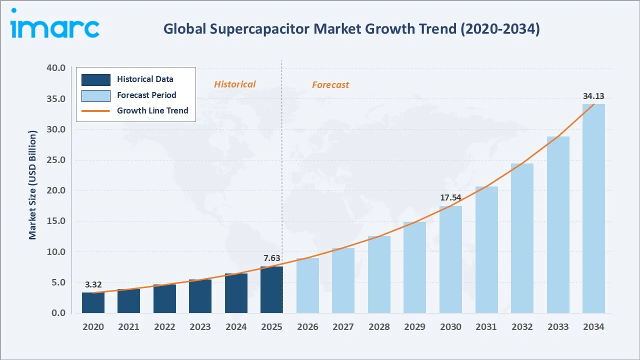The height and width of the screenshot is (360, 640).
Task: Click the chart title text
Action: point(351,29)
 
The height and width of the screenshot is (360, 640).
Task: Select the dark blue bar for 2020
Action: point(93,303)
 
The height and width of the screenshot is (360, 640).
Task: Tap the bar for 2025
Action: point(271,290)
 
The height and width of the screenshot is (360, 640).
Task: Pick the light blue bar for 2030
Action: point(450,260)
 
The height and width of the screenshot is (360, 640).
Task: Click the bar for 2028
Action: point(379,275)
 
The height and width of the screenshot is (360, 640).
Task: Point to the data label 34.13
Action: point(593,96)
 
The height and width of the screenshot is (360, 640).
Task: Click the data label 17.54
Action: point(450,197)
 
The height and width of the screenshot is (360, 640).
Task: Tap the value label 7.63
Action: point(271,258)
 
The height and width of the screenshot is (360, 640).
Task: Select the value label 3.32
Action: point(93,284)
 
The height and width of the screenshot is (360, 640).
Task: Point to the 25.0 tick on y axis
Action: point(55,160)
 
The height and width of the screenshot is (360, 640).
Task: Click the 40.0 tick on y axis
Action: point(55,68)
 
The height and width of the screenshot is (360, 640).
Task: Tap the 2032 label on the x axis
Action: point(522,326)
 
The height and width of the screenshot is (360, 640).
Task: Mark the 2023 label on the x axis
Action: point(200,326)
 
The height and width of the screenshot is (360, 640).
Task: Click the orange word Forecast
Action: point(330,85)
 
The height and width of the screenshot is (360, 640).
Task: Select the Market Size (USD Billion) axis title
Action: point(33,185)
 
